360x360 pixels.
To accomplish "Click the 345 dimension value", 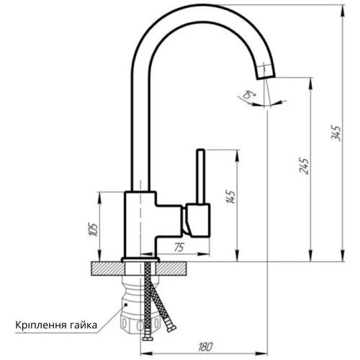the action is [x=336, y=132].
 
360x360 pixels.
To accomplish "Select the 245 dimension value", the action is [x=304, y=166].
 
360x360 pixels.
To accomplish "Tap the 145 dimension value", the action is [x=230, y=197].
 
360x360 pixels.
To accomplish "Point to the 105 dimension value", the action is [x=93, y=230].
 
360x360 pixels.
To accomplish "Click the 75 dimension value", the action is [x=179, y=247].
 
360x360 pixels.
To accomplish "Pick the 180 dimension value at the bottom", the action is [x=205, y=346].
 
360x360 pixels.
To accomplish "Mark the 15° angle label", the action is [x=249, y=95].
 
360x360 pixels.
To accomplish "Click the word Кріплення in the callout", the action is [x=41, y=325].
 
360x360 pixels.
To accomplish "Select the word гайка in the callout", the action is [x=84, y=325].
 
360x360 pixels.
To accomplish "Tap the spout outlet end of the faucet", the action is [x=266, y=75].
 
